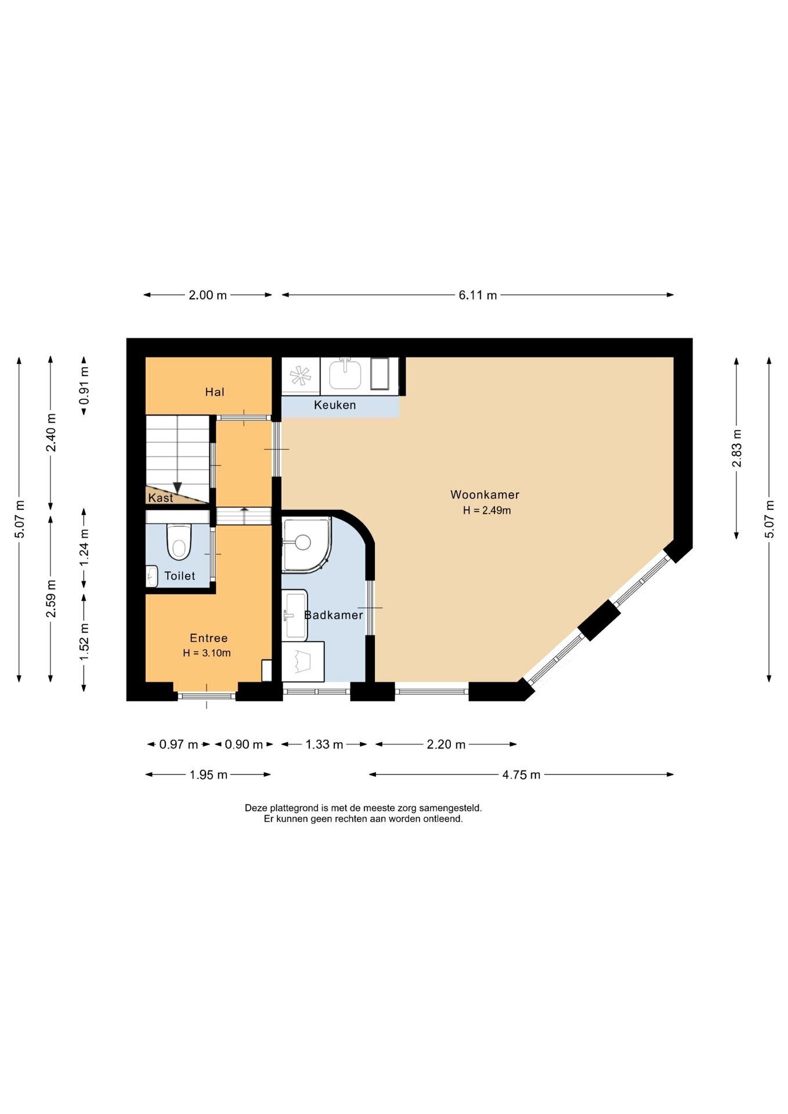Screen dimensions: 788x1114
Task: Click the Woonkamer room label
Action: (485, 495)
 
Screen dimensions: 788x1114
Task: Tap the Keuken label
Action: (335, 405)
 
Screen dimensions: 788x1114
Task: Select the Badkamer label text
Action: (334, 615)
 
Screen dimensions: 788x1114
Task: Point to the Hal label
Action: (215, 392)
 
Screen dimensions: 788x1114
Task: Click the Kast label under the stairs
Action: (161, 498)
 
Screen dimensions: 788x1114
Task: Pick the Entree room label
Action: (209, 638)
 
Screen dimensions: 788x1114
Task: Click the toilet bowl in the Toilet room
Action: (179, 542)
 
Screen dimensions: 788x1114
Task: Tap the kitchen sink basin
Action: (345, 374)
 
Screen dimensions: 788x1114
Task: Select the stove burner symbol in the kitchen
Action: (301, 376)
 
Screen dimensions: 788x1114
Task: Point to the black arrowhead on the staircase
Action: (178, 488)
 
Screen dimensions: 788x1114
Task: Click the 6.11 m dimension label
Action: (478, 295)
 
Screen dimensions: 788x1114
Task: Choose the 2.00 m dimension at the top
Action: (208, 295)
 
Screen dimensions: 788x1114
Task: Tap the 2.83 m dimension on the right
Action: (736, 448)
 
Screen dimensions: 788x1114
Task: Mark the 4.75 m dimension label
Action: (521, 775)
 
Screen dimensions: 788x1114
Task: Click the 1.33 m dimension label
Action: (324, 744)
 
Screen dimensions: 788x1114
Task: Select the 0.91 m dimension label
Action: (84, 385)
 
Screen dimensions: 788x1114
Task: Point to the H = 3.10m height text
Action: (207, 653)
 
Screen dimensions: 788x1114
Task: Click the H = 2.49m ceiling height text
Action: (487, 511)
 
